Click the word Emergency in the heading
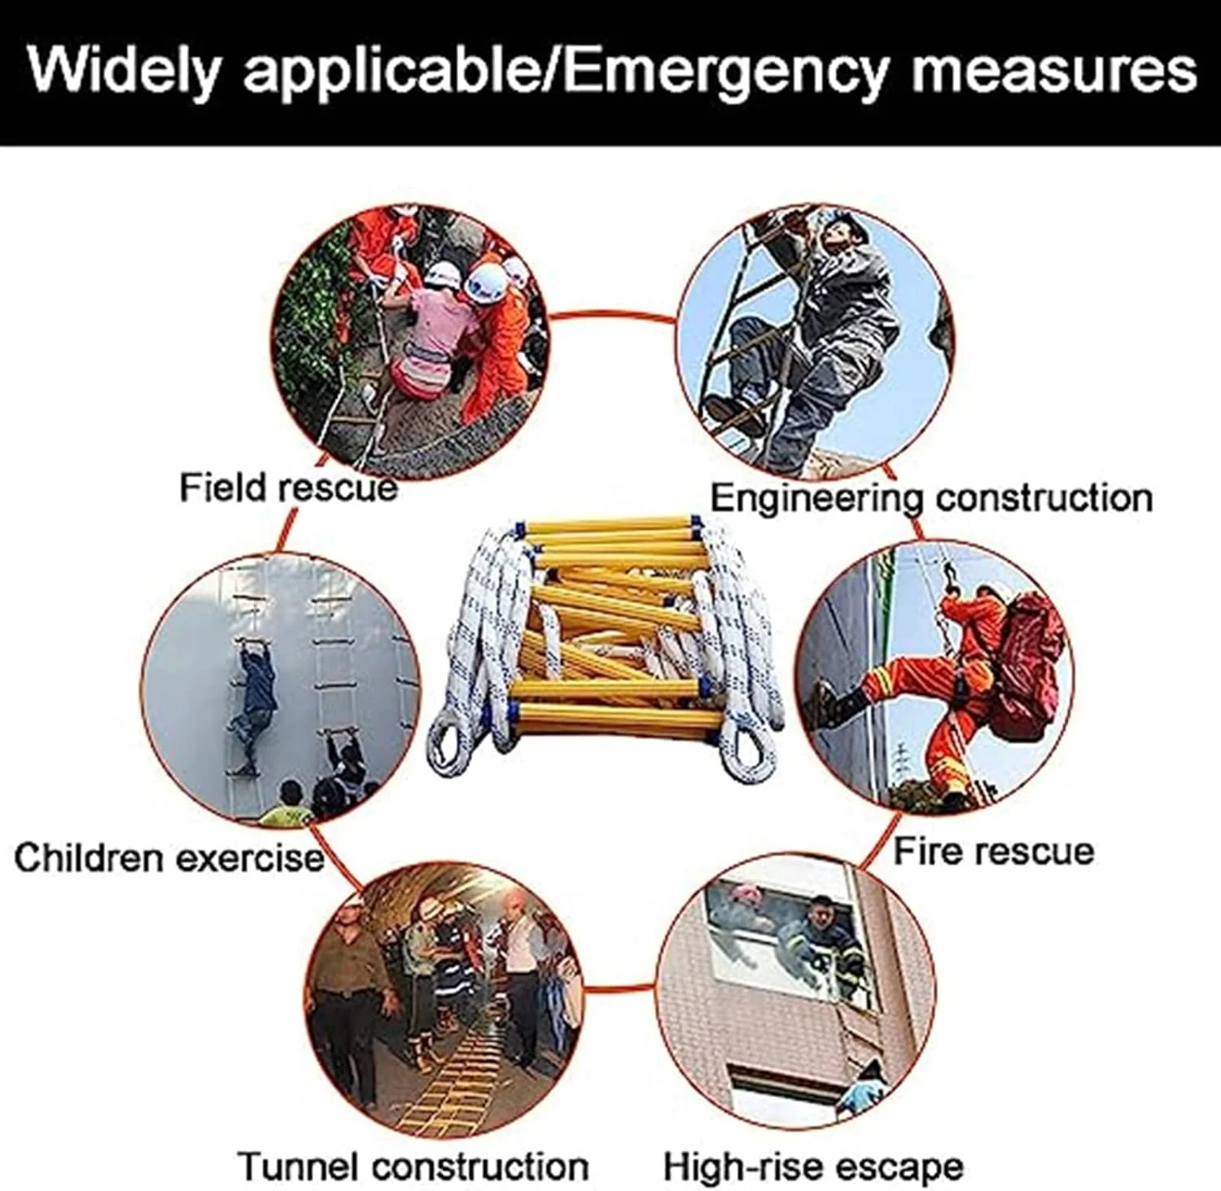724,72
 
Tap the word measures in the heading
1054,72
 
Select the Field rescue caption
288,488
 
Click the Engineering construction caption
932,497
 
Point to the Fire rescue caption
994,851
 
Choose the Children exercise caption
169,858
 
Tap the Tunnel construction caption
414,1166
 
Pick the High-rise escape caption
813,1166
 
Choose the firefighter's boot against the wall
831,701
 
